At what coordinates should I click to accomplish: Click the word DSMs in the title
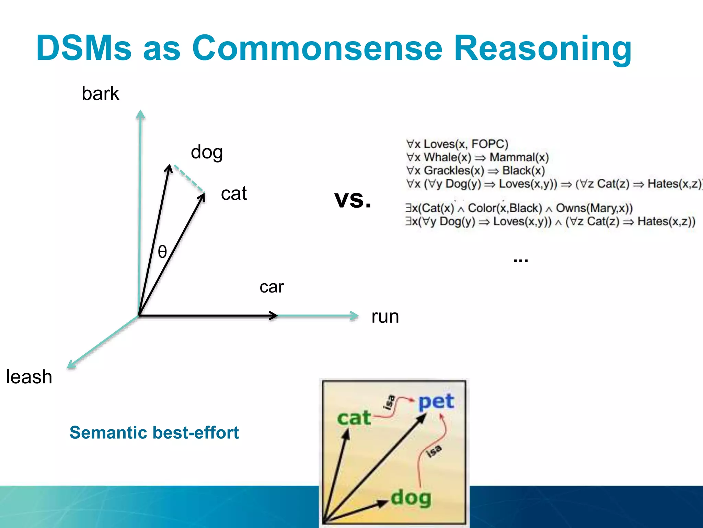point(84,48)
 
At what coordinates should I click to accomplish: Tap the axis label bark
point(100,93)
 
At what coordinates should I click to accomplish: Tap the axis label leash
point(29,377)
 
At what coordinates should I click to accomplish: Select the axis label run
point(385,317)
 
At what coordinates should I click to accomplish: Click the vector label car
point(272,287)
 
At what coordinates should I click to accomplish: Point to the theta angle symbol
point(162,252)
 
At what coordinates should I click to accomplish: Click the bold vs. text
point(353,199)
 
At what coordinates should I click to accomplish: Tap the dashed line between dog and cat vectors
point(189,178)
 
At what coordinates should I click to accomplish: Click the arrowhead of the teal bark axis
point(140,114)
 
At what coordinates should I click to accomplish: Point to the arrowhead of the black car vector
point(274,315)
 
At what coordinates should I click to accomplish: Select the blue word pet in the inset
point(436,401)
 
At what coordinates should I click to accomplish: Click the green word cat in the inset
point(354,418)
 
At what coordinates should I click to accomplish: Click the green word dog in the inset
point(411,497)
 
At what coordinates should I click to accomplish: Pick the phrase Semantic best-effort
point(154,432)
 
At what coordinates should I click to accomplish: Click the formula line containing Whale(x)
point(477,157)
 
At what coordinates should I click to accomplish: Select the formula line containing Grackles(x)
point(475,170)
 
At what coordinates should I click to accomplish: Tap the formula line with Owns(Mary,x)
point(519,208)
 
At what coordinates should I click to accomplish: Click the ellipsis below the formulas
point(520,261)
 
